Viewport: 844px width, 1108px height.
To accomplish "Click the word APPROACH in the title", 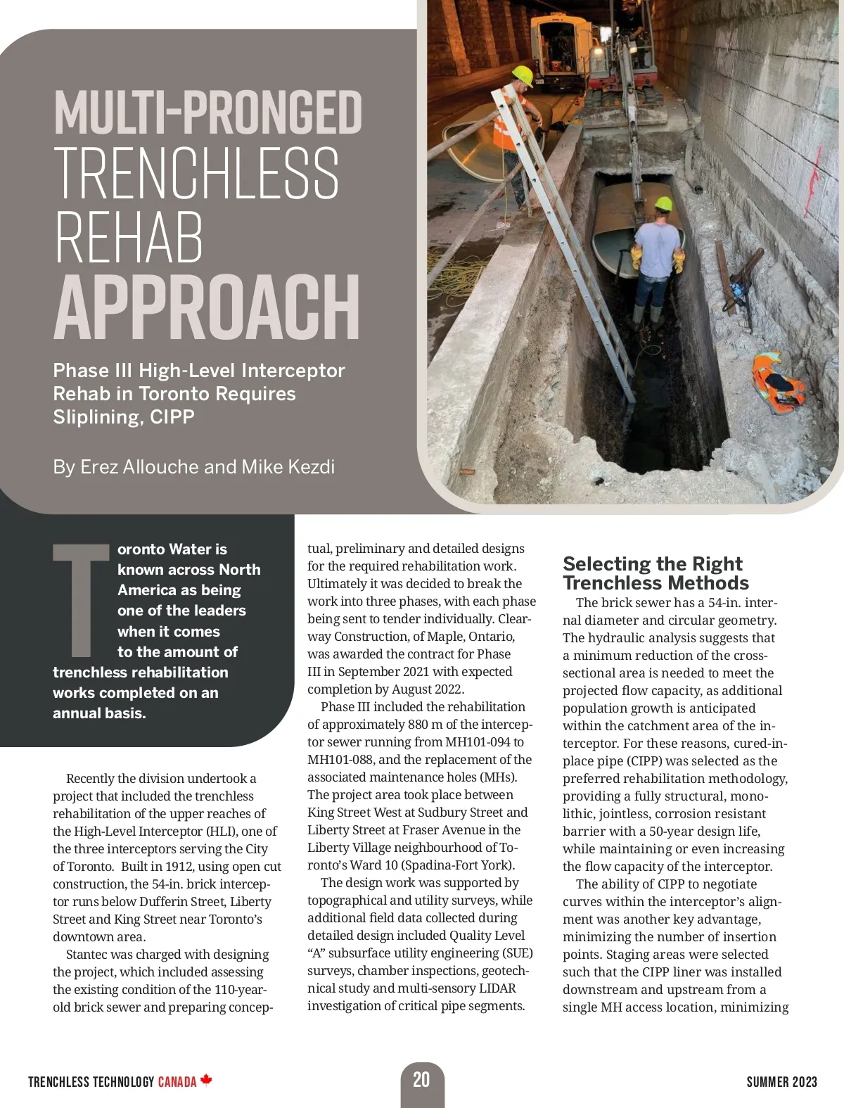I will click(x=207, y=307).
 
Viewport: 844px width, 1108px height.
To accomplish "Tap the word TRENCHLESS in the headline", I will click(x=197, y=174).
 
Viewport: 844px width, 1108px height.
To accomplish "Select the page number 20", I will click(x=421, y=1080).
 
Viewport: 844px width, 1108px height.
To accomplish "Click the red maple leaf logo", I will click(x=206, y=1080).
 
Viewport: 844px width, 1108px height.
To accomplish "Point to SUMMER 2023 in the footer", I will click(x=781, y=1082).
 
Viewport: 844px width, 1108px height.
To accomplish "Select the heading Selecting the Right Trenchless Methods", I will click(x=655, y=573).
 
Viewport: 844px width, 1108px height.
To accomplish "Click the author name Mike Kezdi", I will click(x=288, y=467).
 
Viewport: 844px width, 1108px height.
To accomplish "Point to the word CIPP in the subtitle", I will click(x=172, y=417).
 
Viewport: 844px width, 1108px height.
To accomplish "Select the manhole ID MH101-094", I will click(x=485, y=742).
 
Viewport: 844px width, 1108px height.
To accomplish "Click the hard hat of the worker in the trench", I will click(x=663, y=204).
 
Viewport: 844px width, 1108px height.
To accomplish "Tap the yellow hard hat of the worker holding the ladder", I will click(x=523, y=75).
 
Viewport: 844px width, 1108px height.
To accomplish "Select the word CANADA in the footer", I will click(x=177, y=1082).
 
